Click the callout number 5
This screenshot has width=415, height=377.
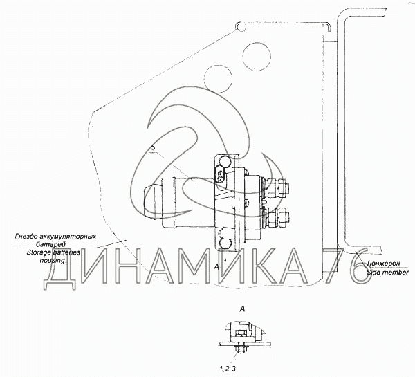(153, 147)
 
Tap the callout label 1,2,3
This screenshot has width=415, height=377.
(227, 368)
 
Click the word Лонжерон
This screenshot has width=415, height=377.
(383, 264)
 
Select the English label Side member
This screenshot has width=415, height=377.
(387, 272)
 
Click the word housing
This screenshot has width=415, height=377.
(52, 261)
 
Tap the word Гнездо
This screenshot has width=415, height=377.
(26, 236)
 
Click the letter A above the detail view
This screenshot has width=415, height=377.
(241, 309)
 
